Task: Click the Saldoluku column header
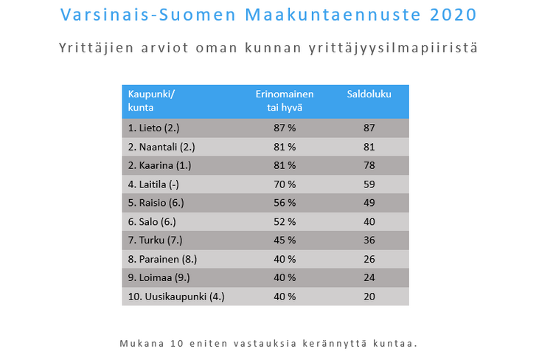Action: (x=369, y=94)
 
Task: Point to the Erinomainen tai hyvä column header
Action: (x=285, y=100)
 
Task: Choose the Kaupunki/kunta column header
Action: (x=153, y=100)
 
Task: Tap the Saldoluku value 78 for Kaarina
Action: (x=369, y=165)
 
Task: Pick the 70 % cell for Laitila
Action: (x=285, y=184)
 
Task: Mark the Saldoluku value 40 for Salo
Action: (x=369, y=221)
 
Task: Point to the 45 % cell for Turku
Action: (x=285, y=240)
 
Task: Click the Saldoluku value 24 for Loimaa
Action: (x=369, y=277)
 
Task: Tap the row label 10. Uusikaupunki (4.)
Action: (x=176, y=297)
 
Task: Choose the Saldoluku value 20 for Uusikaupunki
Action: (x=369, y=297)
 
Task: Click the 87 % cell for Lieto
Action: (x=285, y=128)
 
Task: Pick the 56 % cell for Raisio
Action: (x=285, y=203)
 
